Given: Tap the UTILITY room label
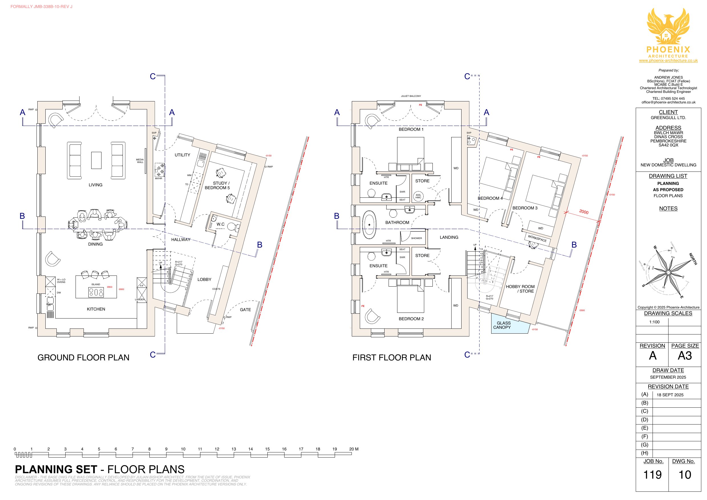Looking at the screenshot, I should coord(182,155).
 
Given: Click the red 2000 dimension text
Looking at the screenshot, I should coord(584,212).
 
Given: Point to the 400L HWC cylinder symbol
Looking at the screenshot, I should coord(418,196).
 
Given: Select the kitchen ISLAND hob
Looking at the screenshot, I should coord(96,292).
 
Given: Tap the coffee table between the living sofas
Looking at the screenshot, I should coord(96,160).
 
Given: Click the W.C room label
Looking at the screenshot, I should coord(220,224).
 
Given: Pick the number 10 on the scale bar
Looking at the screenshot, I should coord(183,449).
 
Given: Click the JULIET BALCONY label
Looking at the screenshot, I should coord(411,96).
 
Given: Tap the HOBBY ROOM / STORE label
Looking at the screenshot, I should coord(520,289).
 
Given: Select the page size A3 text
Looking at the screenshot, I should coord(684,356).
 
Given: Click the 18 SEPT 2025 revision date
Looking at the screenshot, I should coord(670,395).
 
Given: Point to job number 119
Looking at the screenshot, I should coord(652,474).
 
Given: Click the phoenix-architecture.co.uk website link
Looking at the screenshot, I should coord(668,61).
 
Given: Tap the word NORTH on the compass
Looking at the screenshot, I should coord(693,259).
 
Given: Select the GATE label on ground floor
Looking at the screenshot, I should coord(245,310).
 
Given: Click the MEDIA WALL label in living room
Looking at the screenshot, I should coord(140,161).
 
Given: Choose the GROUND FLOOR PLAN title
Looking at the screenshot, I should coord(83,358).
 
